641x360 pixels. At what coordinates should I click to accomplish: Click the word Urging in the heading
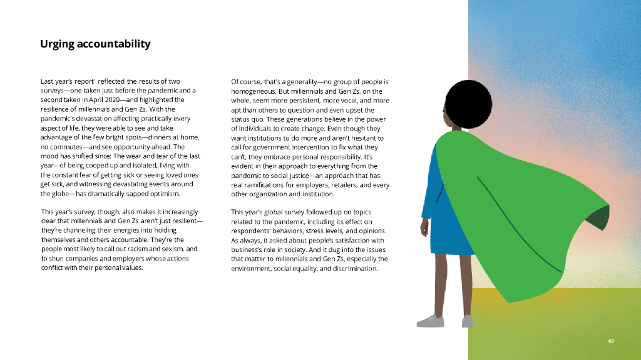(56, 44)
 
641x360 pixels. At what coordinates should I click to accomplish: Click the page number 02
(612, 341)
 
